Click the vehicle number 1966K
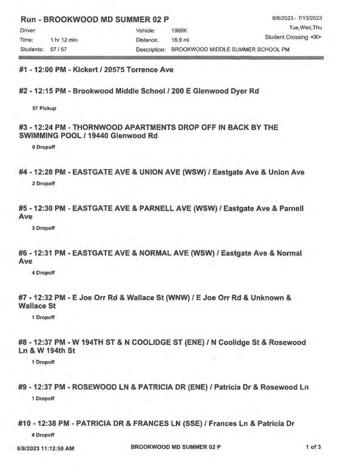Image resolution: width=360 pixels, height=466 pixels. pyautogui.click(x=179, y=31)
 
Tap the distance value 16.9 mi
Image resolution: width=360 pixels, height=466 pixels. pyautogui.click(x=180, y=40)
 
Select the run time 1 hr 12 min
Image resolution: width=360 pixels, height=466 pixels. pyautogui.click(x=64, y=40)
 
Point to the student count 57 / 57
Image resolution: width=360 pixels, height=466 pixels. pyautogui.click(x=59, y=49)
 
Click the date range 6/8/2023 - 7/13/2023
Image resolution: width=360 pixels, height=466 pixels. pyautogui.click(x=297, y=18)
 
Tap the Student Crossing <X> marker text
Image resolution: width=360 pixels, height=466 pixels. pyautogui.click(x=293, y=37)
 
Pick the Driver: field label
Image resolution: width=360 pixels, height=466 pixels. pyautogui.click(x=28, y=30)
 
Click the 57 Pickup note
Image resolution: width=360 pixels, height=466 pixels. pyautogui.click(x=44, y=108)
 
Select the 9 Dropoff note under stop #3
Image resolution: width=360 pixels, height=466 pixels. pyautogui.click(x=44, y=147)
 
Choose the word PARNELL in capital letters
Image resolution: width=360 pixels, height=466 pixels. pyautogui.click(x=155, y=208)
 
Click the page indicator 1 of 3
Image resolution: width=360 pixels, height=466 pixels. pyautogui.click(x=313, y=447)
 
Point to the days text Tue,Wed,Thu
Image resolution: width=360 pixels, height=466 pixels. pyautogui.click(x=305, y=28)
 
